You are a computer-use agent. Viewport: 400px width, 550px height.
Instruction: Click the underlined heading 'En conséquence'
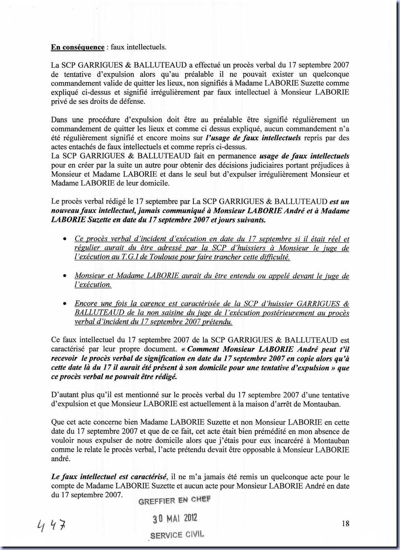click(78, 47)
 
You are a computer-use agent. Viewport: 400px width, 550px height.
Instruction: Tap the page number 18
click(345, 523)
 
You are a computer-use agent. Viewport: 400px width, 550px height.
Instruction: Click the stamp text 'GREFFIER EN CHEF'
click(174, 501)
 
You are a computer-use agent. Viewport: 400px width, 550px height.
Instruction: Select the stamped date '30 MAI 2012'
click(175, 519)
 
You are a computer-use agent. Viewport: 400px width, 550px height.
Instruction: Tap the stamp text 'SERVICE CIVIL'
click(177, 535)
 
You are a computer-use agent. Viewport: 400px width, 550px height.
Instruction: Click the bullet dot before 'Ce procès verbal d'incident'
click(64, 239)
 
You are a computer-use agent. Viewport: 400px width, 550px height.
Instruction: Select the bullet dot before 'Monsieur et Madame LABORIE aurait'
click(64, 276)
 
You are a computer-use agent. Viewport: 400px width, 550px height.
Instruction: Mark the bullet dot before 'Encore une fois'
click(64, 304)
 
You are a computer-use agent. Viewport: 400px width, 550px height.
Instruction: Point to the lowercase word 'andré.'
click(61, 459)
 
